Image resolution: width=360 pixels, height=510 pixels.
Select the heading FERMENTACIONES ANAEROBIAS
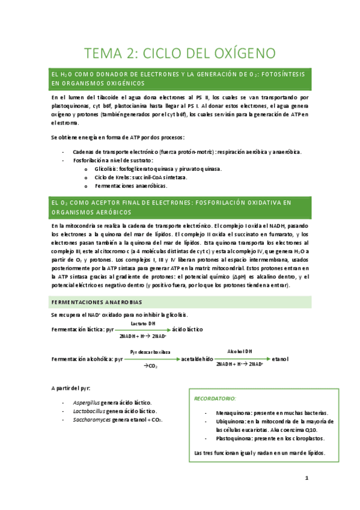(x=96, y=301)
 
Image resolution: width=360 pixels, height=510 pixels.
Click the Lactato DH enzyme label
(x=142, y=324)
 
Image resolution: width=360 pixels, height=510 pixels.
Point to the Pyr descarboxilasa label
(x=150, y=351)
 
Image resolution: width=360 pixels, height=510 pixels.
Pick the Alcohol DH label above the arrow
(x=239, y=351)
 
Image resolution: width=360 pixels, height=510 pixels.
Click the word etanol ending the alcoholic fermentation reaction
(x=280, y=359)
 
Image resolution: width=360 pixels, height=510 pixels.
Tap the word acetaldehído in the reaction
(x=198, y=359)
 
